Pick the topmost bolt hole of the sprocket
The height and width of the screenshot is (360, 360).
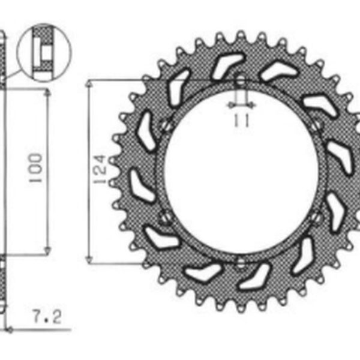(x=240, y=80)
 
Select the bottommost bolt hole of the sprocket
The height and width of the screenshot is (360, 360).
(x=240, y=262)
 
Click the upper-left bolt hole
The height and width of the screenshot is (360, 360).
(x=166, y=126)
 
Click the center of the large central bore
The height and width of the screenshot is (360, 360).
(x=240, y=171)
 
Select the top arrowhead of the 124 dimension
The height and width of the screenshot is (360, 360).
(x=90, y=83)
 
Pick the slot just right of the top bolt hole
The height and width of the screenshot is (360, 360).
(x=279, y=71)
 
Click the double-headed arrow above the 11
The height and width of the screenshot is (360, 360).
(x=241, y=105)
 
